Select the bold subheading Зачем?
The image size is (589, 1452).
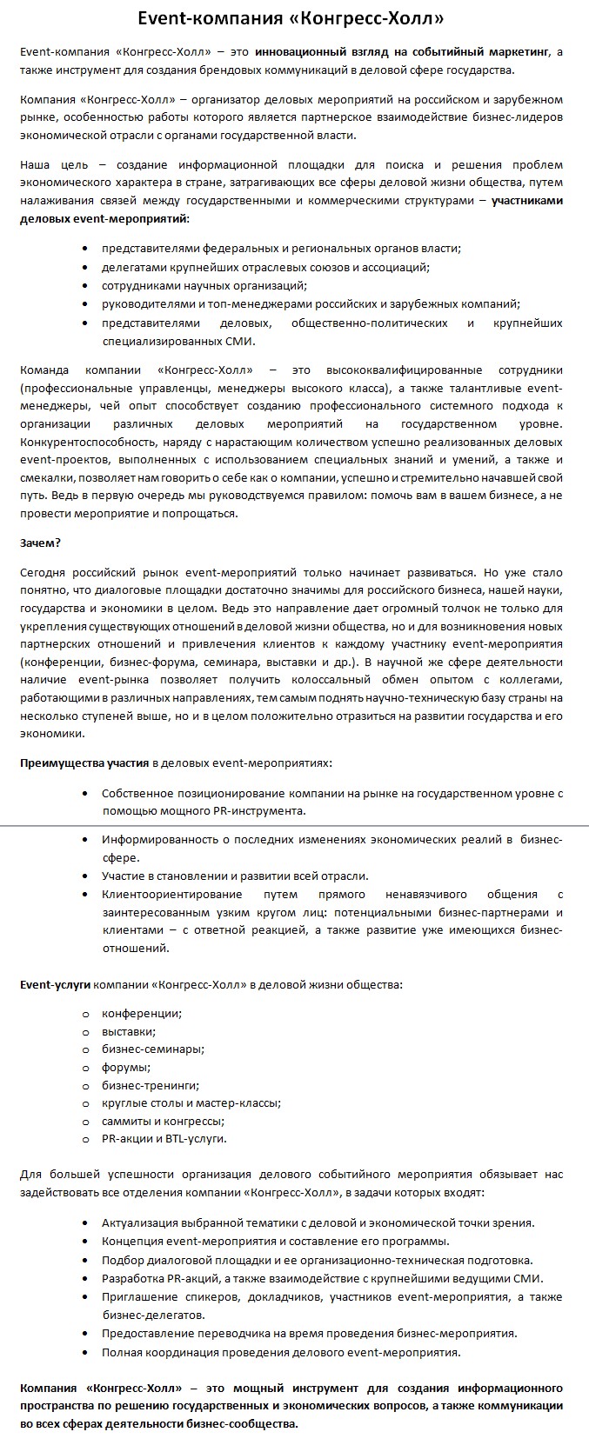coord(40,543)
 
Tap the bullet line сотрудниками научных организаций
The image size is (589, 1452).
coord(204,285)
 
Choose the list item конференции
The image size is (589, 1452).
coord(141,1013)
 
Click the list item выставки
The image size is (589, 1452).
coord(129,1031)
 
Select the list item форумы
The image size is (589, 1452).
coord(126,1067)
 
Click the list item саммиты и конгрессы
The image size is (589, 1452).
coord(163,1121)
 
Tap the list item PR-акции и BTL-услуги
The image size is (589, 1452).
coord(164,1138)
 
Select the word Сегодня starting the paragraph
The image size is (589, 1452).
coord(43,573)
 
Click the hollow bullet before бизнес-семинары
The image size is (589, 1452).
coord(85,1049)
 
